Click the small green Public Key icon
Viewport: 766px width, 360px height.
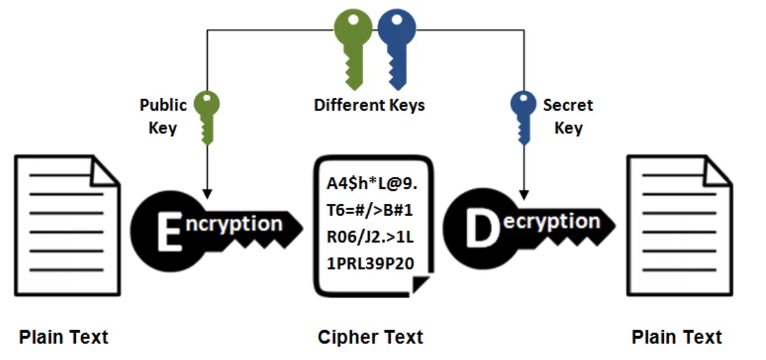tap(207, 117)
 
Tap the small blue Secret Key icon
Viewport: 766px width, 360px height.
tap(523, 117)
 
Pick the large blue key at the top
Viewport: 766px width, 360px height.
tap(396, 49)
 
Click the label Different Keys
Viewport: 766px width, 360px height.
tap(370, 105)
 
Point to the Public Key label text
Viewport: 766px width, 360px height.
tap(163, 116)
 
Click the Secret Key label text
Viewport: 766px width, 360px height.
tap(568, 116)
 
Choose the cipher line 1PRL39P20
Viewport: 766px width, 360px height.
tap(370, 264)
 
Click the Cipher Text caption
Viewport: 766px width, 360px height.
tap(370, 337)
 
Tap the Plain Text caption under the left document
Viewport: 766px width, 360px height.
tap(64, 337)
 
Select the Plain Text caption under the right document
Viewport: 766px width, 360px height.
tap(677, 337)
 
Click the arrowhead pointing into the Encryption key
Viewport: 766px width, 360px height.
tap(207, 194)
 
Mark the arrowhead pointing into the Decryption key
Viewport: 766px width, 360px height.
tap(524, 194)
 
